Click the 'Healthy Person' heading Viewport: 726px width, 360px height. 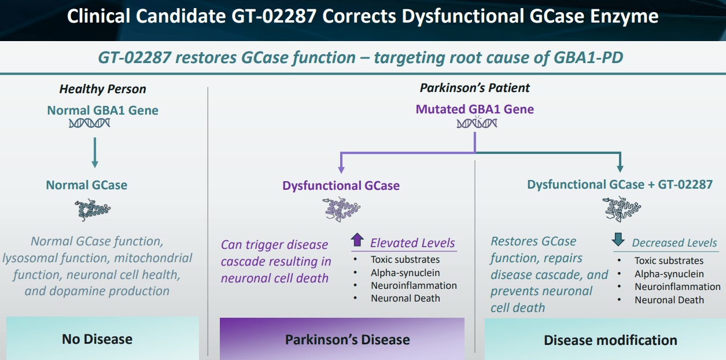[102, 89]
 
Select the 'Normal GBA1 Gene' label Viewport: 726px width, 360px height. [102, 110]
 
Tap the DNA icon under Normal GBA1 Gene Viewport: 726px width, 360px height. [89, 123]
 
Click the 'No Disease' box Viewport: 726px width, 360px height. [97, 339]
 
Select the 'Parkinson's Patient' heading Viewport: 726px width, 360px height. [474, 88]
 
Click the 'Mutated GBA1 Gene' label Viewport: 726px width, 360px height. [474, 109]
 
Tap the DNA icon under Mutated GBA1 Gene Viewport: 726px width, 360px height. [476, 123]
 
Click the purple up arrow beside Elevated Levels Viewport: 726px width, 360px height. [357, 240]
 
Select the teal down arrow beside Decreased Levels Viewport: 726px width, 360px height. [619, 240]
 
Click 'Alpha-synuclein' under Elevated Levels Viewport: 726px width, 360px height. [405, 273]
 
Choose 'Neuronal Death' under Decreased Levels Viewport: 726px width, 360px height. [669, 300]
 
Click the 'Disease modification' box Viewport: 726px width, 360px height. [610, 340]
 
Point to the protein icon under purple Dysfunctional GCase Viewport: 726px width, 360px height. [341, 210]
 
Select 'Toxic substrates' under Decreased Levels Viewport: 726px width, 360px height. [669, 260]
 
